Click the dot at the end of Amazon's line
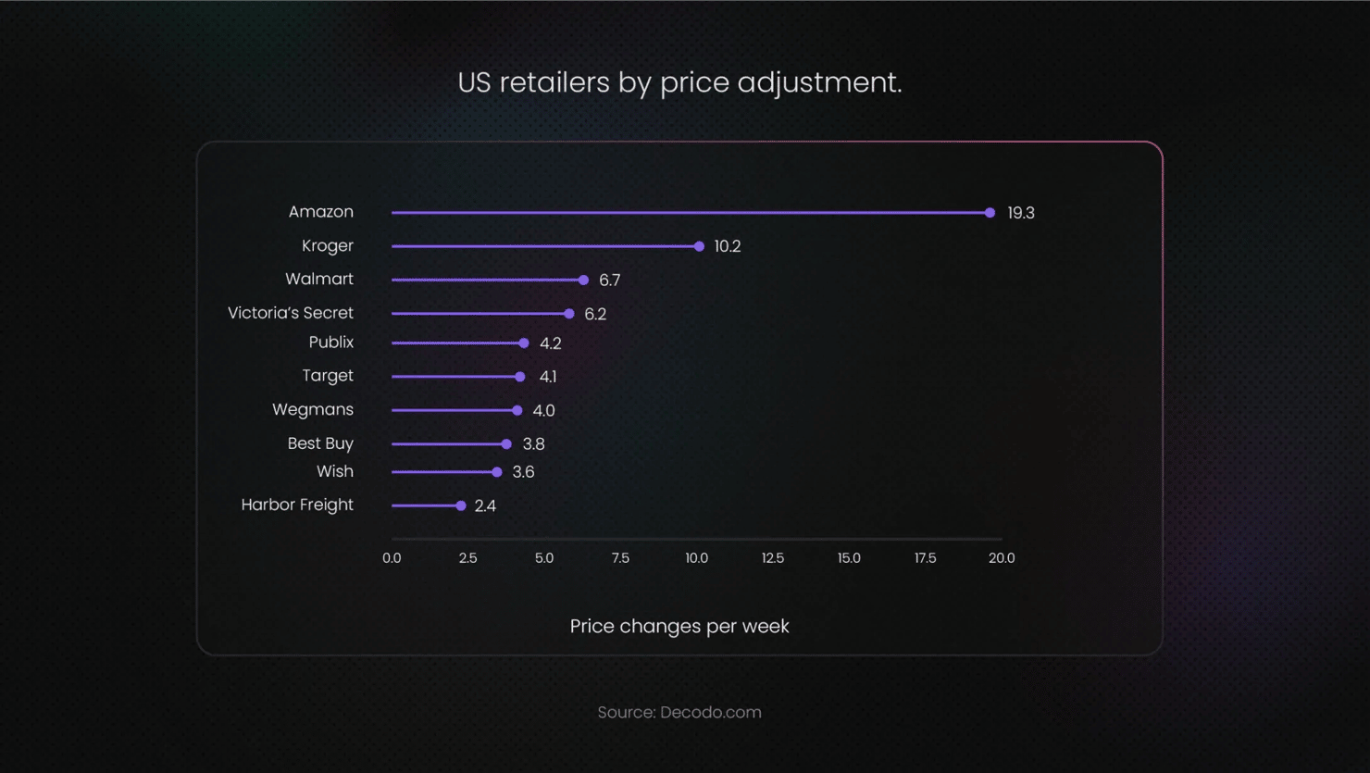click(990, 213)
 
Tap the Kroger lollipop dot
click(699, 246)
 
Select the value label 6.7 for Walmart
click(609, 281)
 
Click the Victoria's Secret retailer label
click(291, 313)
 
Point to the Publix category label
click(331, 343)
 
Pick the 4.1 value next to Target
click(548, 377)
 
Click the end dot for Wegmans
click(517, 410)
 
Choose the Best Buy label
click(320, 443)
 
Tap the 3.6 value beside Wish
click(523, 472)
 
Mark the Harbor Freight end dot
click(461, 505)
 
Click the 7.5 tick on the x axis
click(620, 558)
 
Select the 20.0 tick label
click(1002, 558)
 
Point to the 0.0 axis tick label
click(392, 558)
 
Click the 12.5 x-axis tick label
click(773, 558)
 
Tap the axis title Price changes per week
click(679, 627)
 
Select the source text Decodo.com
click(711, 713)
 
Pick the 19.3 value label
click(1021, 213)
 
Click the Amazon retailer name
click(321, 212)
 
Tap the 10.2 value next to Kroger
click(728, 246)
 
